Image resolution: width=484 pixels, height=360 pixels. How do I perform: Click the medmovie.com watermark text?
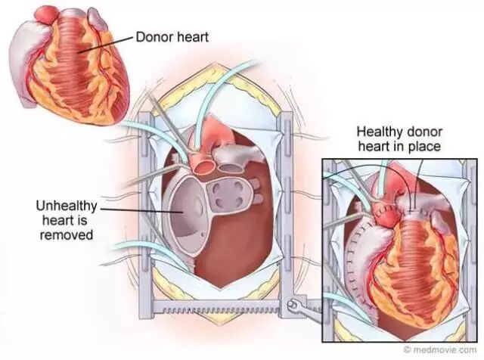click(447, 351)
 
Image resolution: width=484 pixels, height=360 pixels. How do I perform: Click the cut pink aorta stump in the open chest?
click(204, 161)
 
